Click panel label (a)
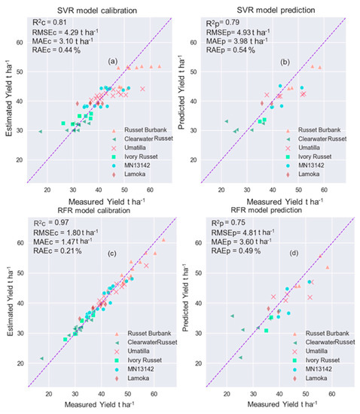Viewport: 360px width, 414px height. point(113,60)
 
